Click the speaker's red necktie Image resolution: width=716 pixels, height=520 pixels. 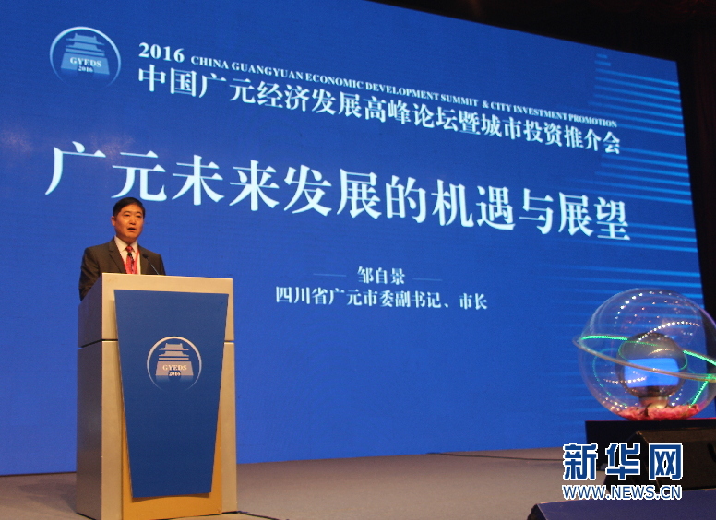coord(131,260)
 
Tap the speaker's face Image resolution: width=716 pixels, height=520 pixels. coord(129,221)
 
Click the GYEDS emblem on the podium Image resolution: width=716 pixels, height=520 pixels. coord(174,363)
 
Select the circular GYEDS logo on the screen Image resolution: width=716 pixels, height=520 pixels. coord(85,56)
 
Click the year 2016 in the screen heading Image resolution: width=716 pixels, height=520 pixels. coord(161,53)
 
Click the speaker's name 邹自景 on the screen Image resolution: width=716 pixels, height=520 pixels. coord(381,276)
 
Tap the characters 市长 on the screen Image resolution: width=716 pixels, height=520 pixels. coord(473,301)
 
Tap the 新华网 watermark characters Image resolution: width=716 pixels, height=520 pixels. coord(623,461)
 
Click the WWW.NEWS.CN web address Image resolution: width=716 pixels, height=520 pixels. coord(622,492)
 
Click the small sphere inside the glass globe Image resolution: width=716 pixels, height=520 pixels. coord(651,360)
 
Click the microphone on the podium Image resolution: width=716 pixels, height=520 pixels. coord(150,264)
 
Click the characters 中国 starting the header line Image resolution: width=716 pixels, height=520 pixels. coord(168,81)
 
